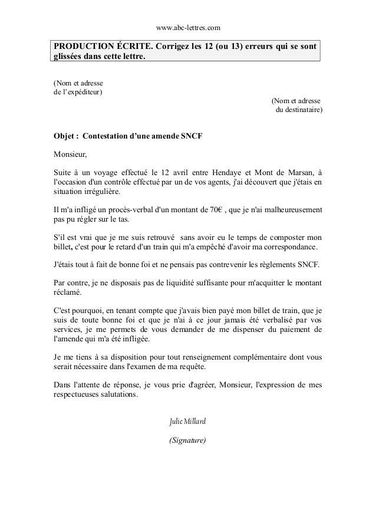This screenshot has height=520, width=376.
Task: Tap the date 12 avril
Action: coord(169,172)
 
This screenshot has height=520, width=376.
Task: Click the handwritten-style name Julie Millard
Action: coord(187,422)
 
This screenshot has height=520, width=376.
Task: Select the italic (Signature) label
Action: coord(187,440)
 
